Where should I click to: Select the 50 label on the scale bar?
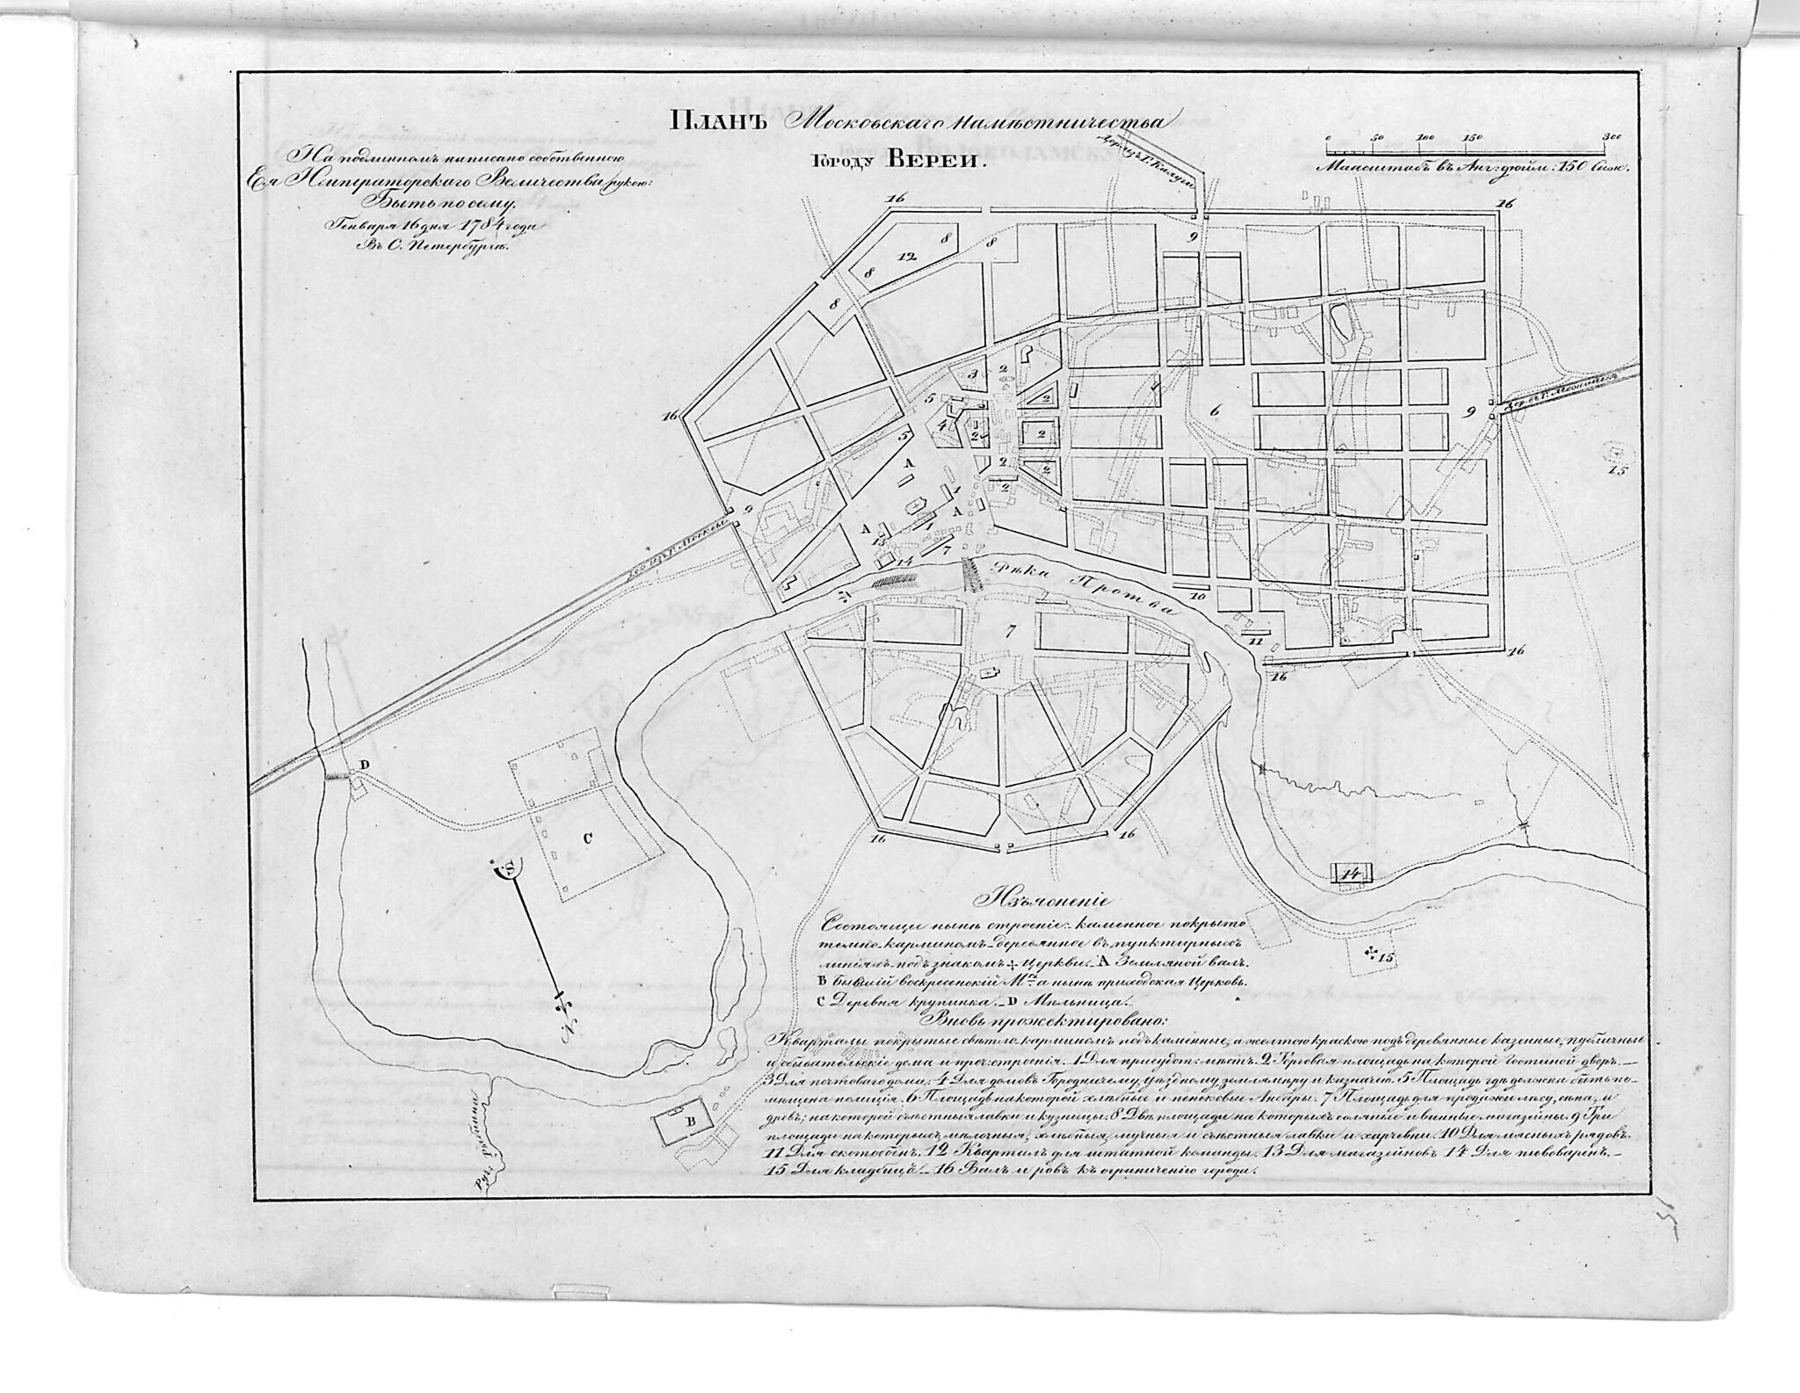click(1377, 138)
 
